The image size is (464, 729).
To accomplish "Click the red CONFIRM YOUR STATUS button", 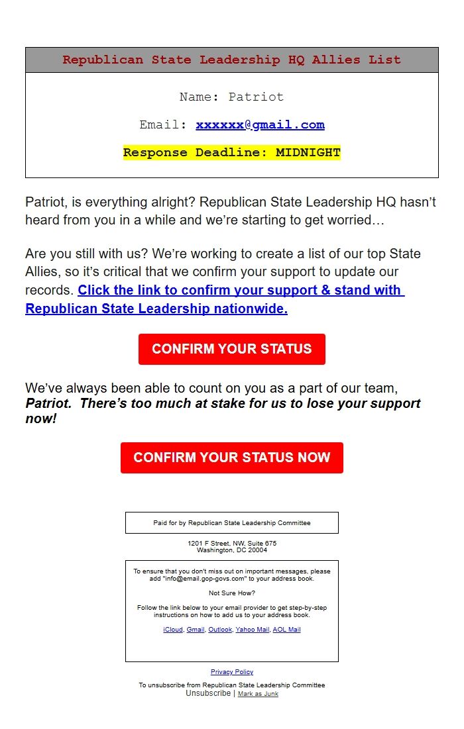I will point(231,349).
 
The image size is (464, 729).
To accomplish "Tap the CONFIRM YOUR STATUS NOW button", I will point(231,458).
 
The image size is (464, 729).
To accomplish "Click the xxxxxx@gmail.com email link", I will point(260,124).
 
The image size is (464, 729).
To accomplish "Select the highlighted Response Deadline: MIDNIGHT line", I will point(231,152).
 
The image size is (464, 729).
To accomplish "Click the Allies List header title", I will point(231,60).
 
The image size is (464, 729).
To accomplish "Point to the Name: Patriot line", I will point(231,97).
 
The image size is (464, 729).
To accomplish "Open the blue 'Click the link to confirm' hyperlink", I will point(215,299).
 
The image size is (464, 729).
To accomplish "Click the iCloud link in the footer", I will point(172,630).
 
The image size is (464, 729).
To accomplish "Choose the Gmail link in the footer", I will point(196,630).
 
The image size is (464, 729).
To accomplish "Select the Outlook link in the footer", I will point(220,630).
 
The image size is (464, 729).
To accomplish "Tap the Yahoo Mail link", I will point(253,630).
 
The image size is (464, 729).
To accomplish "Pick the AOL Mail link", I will point(286,630).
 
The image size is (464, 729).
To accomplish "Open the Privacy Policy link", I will point(231,672).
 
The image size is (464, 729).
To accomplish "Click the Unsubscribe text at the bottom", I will point(208,693).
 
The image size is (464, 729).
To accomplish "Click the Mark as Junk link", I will point(258,694).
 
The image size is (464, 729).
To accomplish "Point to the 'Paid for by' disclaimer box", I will point(231,523).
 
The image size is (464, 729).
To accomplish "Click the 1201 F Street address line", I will point(231,544).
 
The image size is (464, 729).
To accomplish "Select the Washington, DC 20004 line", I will point(231,550).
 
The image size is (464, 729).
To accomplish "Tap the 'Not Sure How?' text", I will point(231,593).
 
